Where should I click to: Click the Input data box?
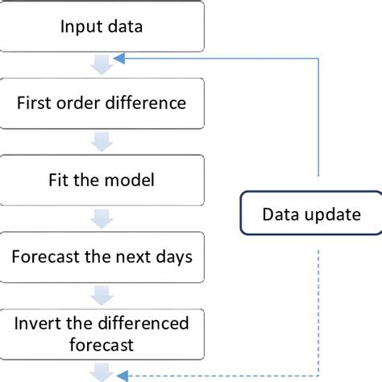tap(101, 26)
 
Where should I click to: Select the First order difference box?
tap(101, 103)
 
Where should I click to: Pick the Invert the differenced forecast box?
tap(101, 334)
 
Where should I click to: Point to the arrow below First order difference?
tap(101, 142)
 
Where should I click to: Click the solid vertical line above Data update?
tap(321, 121)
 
